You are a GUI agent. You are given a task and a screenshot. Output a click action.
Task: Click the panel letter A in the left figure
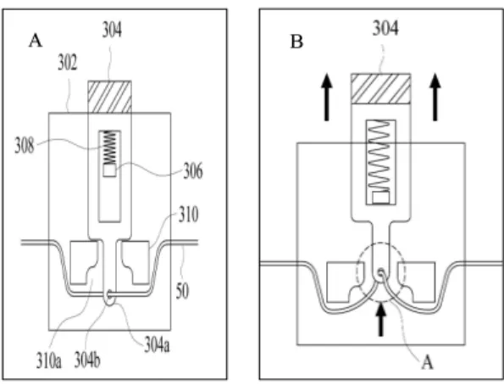click(36, 41)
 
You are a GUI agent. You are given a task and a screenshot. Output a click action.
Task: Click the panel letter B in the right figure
click(296, 42)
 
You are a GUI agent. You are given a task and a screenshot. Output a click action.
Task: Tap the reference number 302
click(68, 63)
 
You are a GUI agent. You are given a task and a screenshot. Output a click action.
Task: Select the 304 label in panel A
click(112, 30)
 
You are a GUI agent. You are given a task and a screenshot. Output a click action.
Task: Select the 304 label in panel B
click(385, 28)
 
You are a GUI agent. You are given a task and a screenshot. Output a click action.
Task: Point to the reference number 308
click(25, 145)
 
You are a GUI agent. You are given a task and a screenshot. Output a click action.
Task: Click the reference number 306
click(193, 170)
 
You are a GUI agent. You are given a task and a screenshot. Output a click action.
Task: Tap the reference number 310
click(188, 215)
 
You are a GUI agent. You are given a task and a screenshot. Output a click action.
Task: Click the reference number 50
click(182, 291)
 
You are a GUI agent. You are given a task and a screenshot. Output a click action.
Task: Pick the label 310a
click(48, 360)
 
